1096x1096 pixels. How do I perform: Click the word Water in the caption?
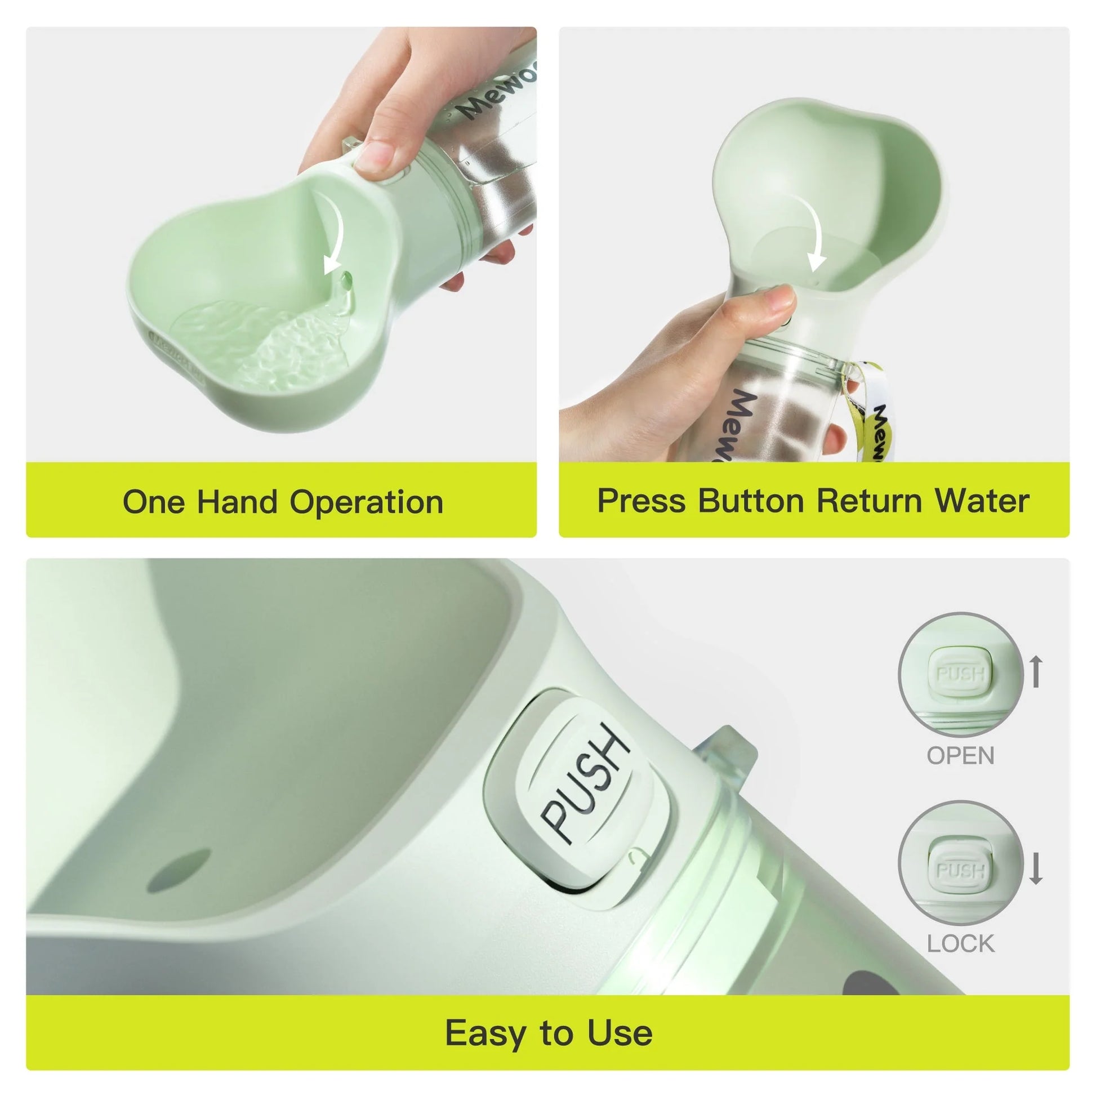coord(982,501)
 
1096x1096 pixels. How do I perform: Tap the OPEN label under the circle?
coord(960,756)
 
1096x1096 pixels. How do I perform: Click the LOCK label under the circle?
coord(960,944)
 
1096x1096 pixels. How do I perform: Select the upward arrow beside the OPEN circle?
coord(1036,671)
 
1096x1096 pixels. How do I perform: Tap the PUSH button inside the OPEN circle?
coord(960,674)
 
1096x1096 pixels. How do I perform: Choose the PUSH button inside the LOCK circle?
coord(960,871)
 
